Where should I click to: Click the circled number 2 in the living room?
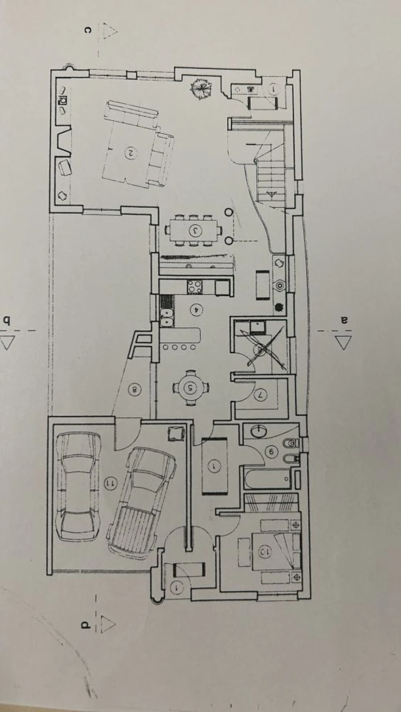point(131,153)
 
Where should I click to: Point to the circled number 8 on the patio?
point(135,390)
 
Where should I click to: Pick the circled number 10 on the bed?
point(264,552)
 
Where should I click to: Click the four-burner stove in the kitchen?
point(194,286)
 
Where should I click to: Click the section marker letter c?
point(88,30)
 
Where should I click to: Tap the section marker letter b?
point(6,320)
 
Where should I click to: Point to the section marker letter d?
point(84,625)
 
